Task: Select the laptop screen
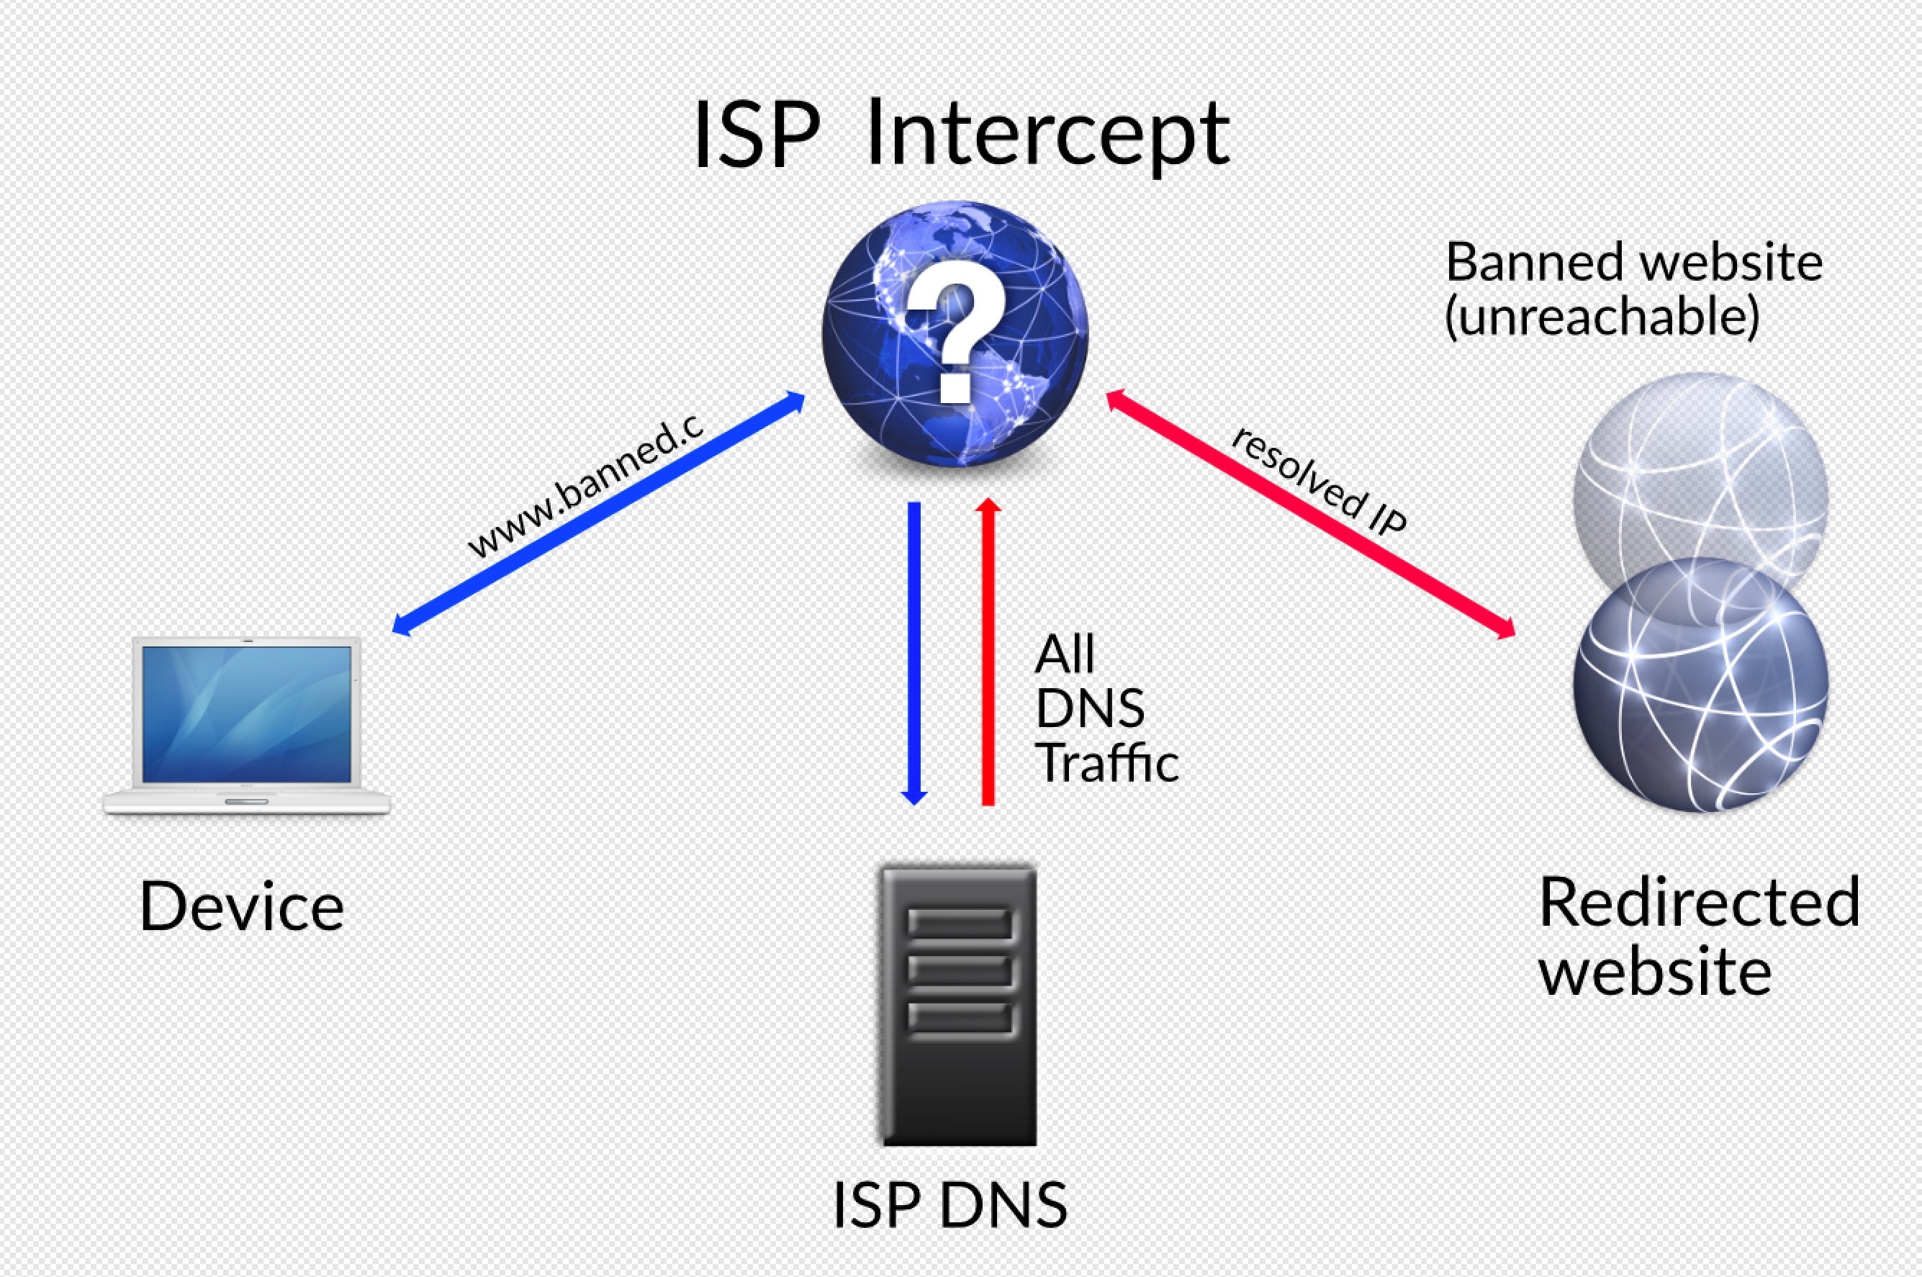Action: [x=247, y=714]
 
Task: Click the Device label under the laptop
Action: [x=242, y=906]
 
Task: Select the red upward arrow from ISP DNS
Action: [x=988, y=651]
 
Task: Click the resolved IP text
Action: [x=1319, y=481]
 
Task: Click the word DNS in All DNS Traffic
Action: [x=1090, y=708]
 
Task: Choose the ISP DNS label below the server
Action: [x=949, y=1205]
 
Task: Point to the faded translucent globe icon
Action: [x=1700, y=481]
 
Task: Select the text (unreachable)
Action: [x=1602, y=317]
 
